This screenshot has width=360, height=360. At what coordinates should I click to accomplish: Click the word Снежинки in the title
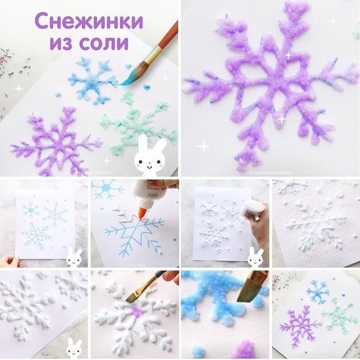89,21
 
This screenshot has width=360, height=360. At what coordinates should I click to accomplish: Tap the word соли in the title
107,43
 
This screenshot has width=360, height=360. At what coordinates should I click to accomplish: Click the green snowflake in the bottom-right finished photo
338,315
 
